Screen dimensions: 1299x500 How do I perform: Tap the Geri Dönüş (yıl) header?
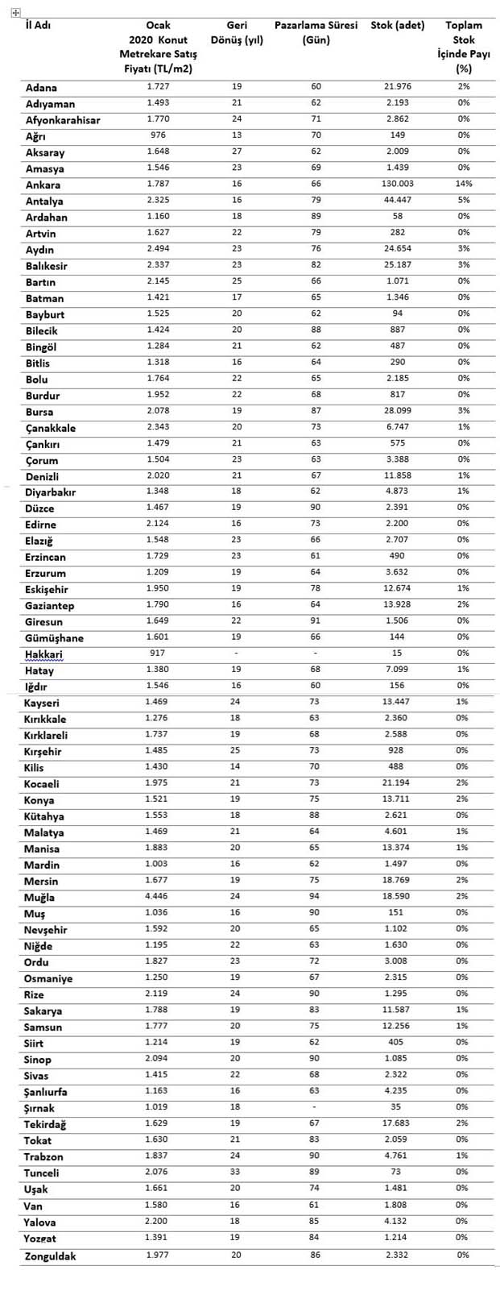tap(237, 32)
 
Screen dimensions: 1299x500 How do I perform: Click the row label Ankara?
tap(43, 185)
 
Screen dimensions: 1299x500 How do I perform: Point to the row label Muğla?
tap(40, 897)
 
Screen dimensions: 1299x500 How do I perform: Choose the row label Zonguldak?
tap(51, 1255)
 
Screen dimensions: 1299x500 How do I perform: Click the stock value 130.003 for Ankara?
tap(397, 185)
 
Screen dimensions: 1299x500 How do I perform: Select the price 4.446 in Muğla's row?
tap(158, 896)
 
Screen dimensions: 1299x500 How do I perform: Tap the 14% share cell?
tap(463, 185)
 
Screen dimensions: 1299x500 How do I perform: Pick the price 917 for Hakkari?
tap(158, 654)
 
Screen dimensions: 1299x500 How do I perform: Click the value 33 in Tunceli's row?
tap(237, 1172)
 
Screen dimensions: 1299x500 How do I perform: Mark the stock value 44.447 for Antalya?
tap(397, 201)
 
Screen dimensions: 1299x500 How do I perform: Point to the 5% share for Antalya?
tap(463, 201)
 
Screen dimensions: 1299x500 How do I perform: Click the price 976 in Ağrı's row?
tap(158, 135)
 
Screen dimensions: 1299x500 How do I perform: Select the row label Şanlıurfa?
tap(46, 1092)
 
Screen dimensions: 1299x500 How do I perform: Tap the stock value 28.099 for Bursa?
tap(397, 411)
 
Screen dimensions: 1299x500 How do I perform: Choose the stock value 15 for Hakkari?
tap(397, 654)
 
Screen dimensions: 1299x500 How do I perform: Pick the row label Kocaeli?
tap(42, 784)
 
